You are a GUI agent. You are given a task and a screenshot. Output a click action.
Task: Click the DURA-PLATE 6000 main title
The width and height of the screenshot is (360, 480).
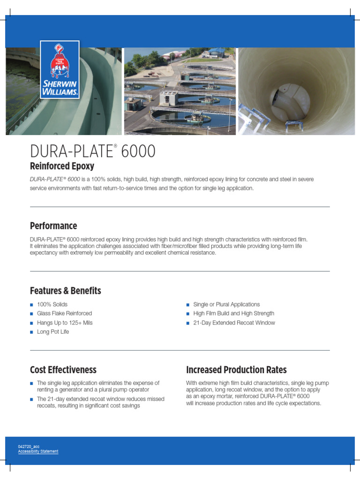[x=93, y=151]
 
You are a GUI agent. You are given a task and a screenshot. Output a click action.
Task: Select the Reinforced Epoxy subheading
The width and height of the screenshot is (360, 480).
[x=62, y=166]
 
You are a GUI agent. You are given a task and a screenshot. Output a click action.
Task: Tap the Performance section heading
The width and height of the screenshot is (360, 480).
[x=53, y=226]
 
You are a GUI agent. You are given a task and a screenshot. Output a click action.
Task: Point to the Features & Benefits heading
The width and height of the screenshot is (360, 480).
[x=65, y=291]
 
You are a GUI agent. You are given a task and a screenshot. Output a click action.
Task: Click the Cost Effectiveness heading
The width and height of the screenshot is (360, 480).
[x=63, y=370]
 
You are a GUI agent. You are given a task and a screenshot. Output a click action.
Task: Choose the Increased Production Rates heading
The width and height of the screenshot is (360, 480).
[x=236, y=370]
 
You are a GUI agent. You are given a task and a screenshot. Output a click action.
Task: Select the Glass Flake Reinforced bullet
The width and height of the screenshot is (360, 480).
[x=64, y=314]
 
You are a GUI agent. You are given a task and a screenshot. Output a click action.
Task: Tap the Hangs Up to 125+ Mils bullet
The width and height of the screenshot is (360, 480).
[x=65, y=323]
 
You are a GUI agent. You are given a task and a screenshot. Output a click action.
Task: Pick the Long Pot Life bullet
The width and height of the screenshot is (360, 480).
[x=52, y=332]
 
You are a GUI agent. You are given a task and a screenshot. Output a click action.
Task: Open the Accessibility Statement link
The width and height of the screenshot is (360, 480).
[x=38, y=451]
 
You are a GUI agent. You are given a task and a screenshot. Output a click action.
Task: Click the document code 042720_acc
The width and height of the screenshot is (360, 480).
[x=29, y=447]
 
